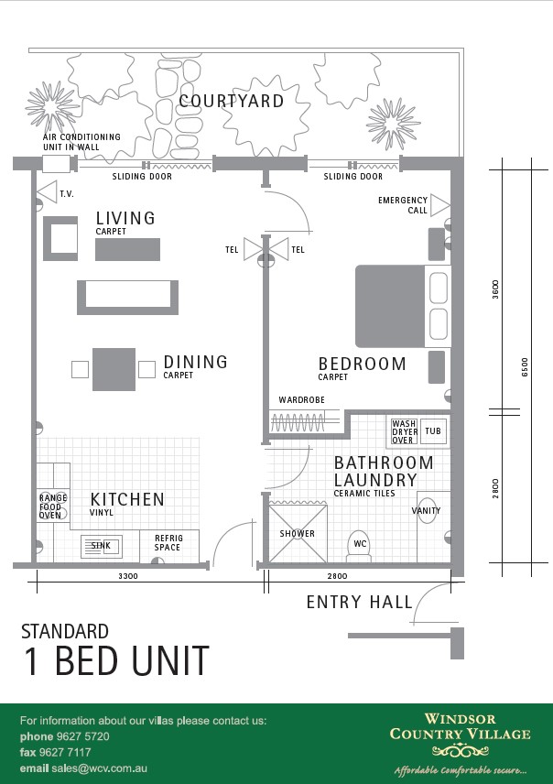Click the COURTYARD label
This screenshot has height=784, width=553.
(x=232, y=101)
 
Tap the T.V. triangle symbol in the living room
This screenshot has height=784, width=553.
(x=48, y=192)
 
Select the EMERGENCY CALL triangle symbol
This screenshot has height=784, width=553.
(x=440, y=205)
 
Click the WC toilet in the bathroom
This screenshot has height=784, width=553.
(x=360, y=546)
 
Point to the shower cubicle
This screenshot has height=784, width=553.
(x=298, y=533)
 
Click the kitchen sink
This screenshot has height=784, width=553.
(x=102, y=546)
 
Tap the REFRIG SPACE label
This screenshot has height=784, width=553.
(x=168, y=542)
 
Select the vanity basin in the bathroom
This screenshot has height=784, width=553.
(x=427, y=510)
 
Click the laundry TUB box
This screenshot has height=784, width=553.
(x=433, y=431)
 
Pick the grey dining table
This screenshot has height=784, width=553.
(x=114, y=369)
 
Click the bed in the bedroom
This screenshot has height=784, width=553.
(x=403, y=307)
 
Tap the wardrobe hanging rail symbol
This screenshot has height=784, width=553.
(x=298, y=422)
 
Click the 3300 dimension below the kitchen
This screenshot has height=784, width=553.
(x=128, y=576)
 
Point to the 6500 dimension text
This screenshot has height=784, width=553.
(x=525, y=366)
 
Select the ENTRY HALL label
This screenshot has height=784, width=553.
(x=360, y=602)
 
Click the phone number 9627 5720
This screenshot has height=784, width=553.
(x=82, y=736)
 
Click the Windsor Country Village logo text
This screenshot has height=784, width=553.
(x=460, y=726)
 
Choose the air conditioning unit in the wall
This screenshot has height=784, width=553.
(x=56, y=164)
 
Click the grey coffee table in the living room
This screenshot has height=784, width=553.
(x=127, y=249)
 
